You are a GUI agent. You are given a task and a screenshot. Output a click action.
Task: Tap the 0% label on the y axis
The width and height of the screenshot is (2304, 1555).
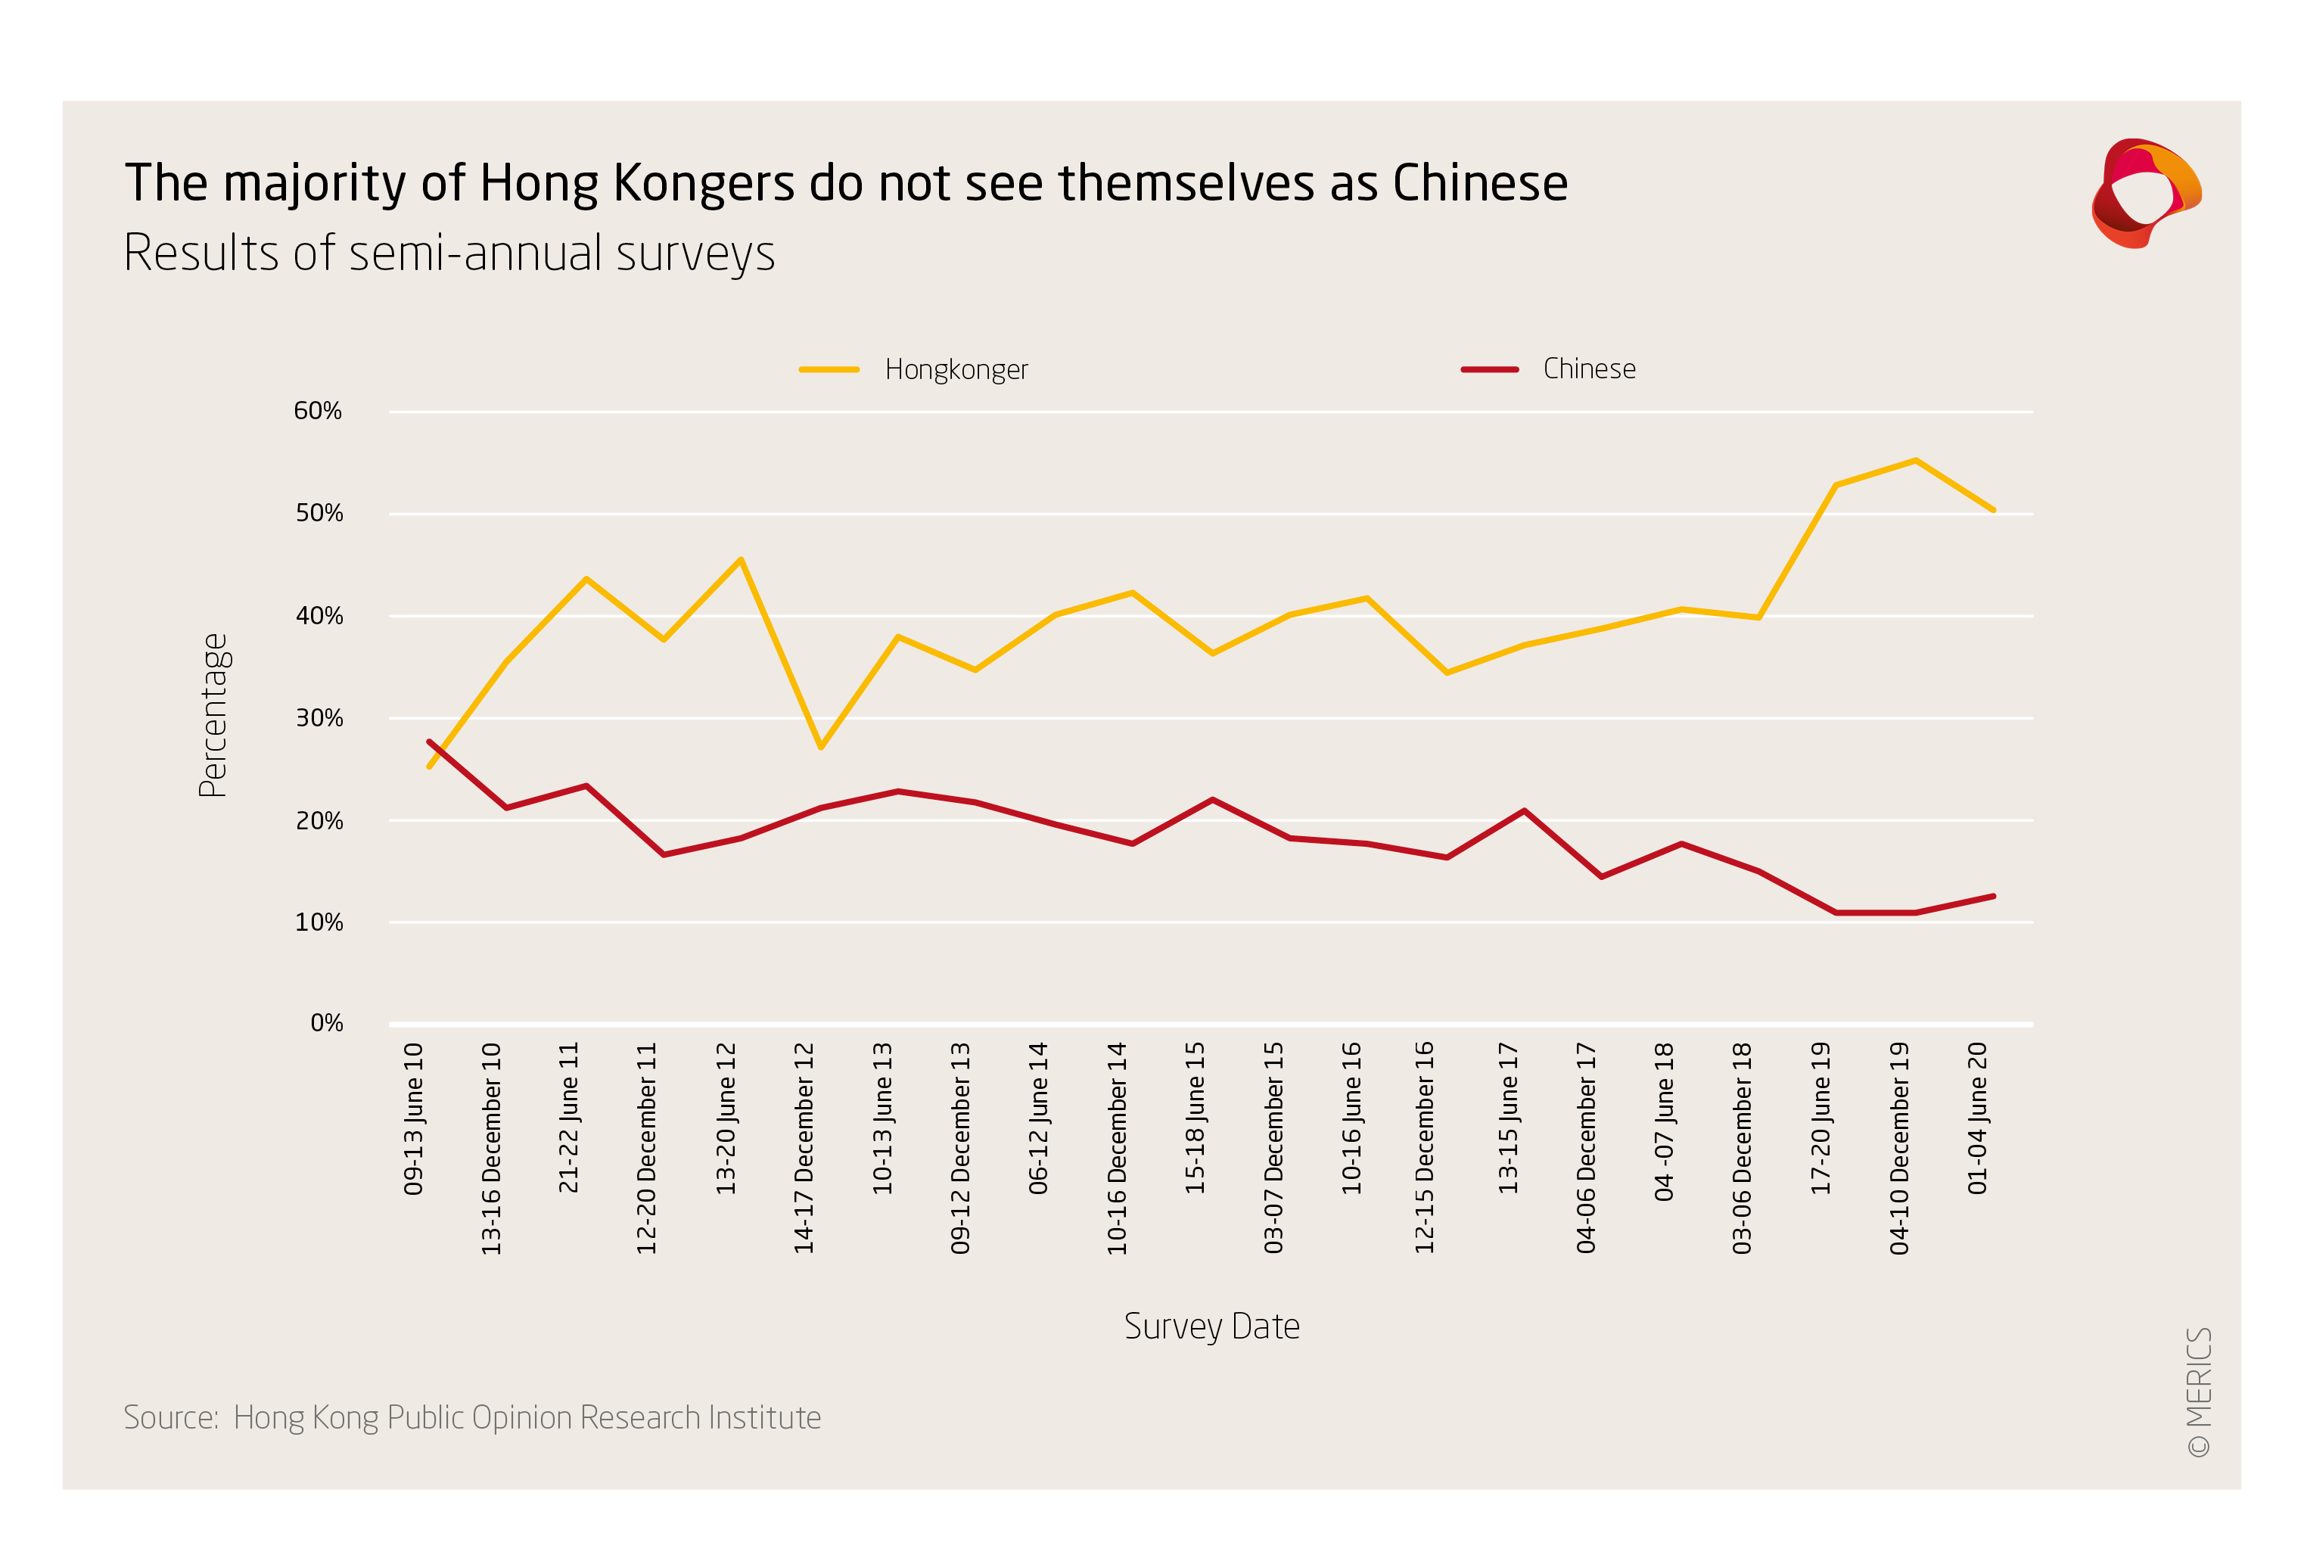(326, 1022)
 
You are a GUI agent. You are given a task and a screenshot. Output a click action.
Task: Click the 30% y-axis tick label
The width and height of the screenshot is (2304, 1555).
(319, 718)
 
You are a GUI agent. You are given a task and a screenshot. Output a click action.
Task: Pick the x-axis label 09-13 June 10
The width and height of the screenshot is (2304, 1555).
(413, 1118)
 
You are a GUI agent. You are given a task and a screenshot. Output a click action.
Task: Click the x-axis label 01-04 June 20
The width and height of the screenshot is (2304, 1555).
(1977, 1118)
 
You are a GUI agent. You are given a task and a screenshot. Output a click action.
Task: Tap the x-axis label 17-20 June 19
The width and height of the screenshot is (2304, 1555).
(1821, 1118)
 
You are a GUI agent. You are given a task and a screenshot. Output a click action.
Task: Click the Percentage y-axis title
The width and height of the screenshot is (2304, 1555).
(213, 715)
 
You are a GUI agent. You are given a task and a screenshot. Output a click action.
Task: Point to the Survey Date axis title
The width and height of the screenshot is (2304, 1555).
(1211, 1326)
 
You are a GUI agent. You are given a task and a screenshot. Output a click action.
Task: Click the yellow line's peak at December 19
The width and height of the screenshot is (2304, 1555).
(1915, 460)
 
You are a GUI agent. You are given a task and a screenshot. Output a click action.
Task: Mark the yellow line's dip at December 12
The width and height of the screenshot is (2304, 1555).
(821, 747)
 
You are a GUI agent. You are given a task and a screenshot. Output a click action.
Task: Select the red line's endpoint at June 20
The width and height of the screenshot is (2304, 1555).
(1994, 897)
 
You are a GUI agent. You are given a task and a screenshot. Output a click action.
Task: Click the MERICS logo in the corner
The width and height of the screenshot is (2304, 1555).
(2145, 194)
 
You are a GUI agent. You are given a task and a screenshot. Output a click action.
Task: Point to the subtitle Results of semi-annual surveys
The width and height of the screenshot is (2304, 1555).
(449, 253)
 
